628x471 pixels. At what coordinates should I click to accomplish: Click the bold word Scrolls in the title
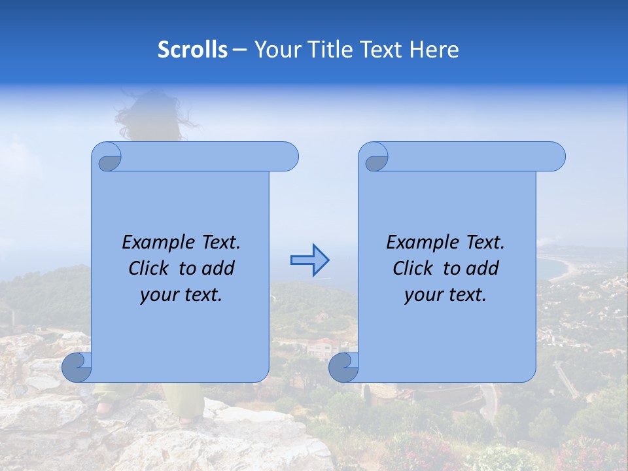[192, 50]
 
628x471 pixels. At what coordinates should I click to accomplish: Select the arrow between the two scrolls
[309, 260]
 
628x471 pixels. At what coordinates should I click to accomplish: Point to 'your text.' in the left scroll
[181, 294]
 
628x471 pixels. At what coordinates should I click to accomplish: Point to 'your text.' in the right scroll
[445, 294]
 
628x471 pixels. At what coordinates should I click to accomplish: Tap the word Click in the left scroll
[150, 268]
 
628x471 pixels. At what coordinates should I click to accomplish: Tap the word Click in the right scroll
[415, 268]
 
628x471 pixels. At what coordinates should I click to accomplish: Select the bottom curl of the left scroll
[77, 368]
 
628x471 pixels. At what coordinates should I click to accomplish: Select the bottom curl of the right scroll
[343, 368]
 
